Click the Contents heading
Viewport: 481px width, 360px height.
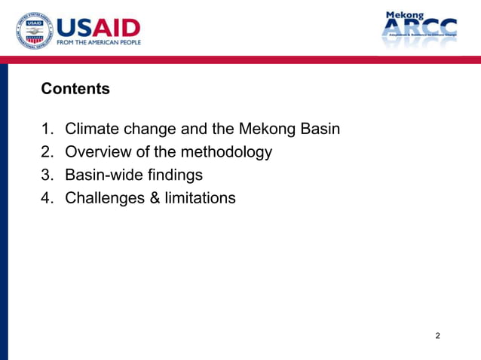(x=75, y=89)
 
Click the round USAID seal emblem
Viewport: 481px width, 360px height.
(x=34, y=32)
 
